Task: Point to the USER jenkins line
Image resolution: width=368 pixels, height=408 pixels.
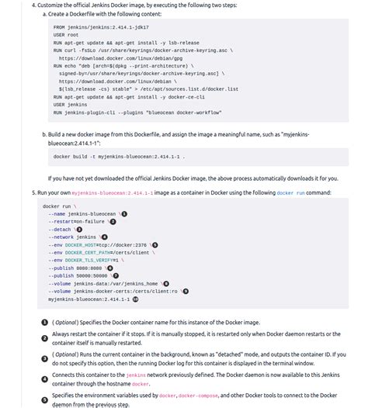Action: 72,104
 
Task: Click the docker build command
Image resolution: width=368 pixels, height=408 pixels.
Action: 119,156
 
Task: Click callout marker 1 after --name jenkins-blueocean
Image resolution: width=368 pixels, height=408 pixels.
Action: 124,213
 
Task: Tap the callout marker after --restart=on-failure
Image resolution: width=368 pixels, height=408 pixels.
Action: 113,221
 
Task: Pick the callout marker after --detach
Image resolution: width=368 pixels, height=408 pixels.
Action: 78,229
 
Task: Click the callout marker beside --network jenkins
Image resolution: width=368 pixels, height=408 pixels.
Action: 105,237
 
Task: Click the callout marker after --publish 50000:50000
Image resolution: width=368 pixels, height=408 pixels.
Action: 116,275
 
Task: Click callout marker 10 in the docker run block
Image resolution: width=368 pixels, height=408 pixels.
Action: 136,299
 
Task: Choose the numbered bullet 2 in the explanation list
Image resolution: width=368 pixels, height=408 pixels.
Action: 44,338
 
